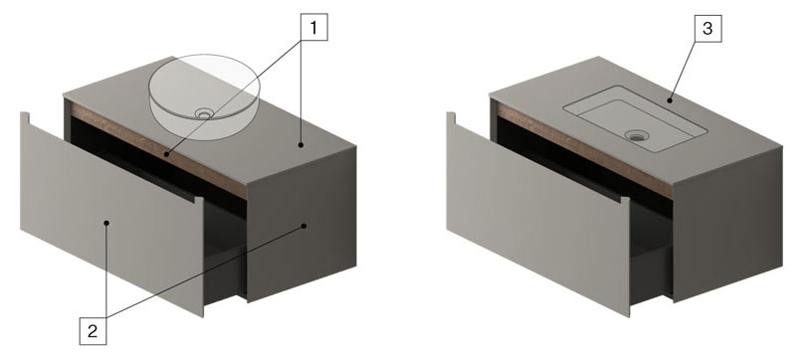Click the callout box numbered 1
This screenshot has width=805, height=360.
[313, 27]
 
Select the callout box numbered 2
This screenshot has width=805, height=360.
[93, 331]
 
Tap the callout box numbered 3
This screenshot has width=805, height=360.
[707, 29]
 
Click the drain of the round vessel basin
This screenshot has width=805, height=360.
[204, 112]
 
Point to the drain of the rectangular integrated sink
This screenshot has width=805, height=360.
[637, 136]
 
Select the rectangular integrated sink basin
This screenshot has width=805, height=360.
[635, 119]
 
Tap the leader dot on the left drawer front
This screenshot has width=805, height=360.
[106, 223]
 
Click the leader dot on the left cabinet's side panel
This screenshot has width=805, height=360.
[303, 226]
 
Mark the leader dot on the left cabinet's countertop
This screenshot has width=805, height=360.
[301, 145]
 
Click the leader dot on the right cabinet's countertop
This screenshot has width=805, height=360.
[671, 100]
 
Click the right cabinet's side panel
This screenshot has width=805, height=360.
[727, 226]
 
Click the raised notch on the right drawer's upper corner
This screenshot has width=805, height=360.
[450, 118]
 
